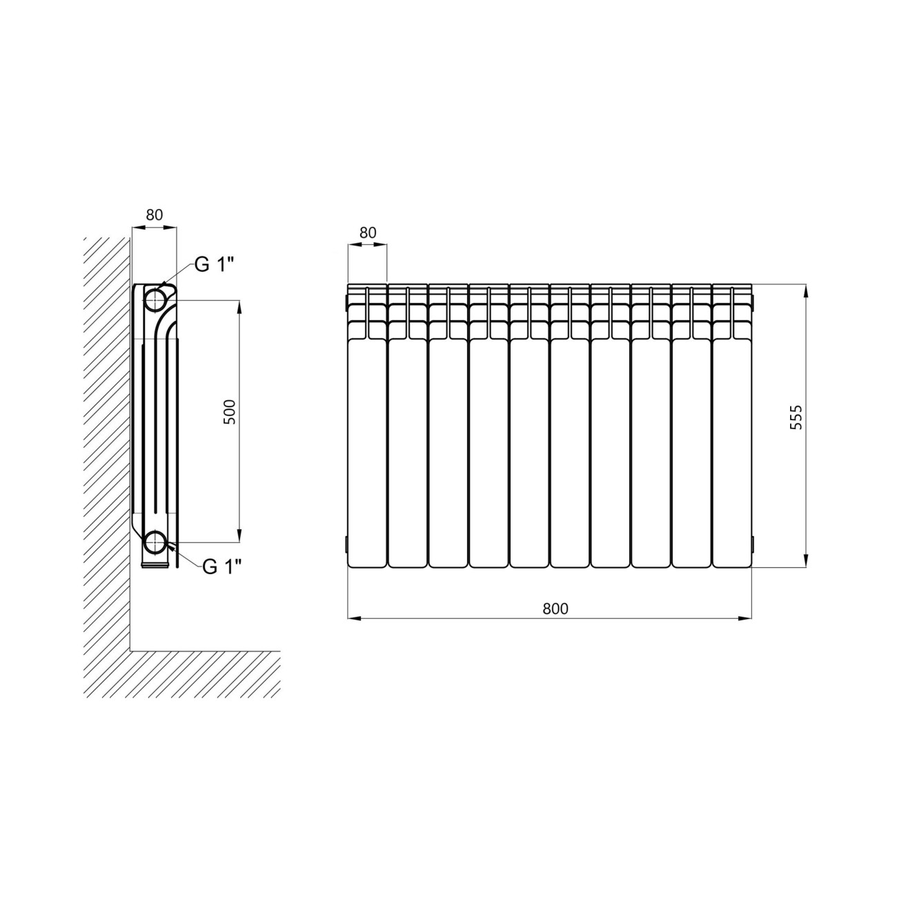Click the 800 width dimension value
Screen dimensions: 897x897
point(555,608)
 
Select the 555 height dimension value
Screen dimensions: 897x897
point(796,417)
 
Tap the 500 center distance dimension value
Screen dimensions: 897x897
point(230,412)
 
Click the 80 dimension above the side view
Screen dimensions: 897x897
point(155,215)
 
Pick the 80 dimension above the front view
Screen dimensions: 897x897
point(368,233)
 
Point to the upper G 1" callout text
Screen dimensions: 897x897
point(214,264)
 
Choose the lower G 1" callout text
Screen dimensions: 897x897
point(222,566)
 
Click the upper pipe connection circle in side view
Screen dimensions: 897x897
point(155,299)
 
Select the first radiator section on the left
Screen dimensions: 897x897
point(367,426)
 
